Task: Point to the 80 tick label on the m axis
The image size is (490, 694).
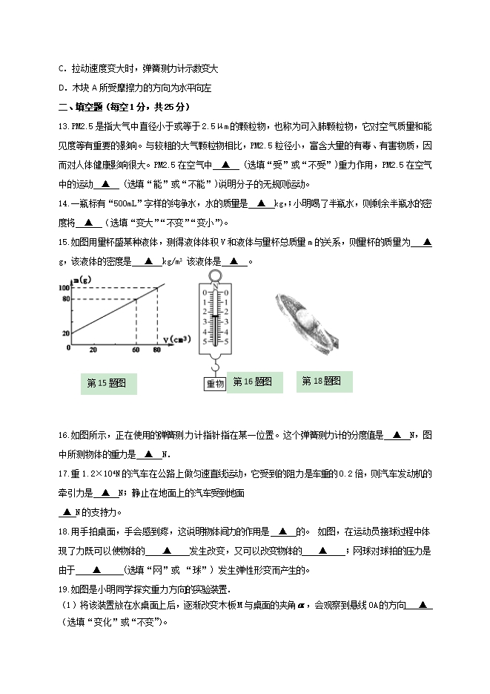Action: tap(65, 299)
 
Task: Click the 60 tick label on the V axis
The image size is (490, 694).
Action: tap(136, 349)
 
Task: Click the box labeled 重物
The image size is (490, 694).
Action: tap(215, 383)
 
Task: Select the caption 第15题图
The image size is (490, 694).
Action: tap(107, 383)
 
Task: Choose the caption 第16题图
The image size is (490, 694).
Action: tap(253, 382)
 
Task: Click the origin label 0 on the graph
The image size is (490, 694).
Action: tap(69, 347)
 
